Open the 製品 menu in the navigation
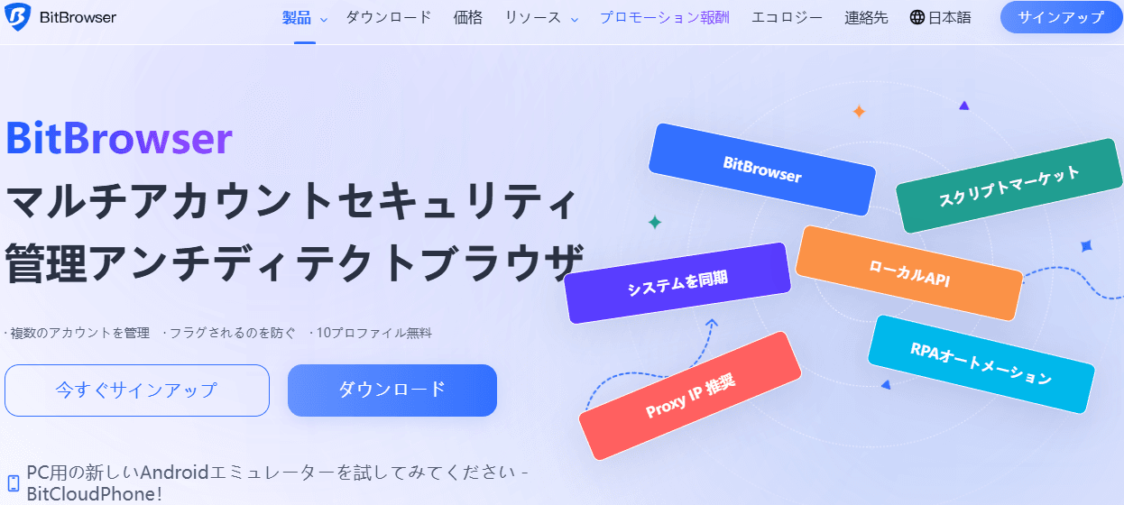point(297,17)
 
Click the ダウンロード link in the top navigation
point(389,17)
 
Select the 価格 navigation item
point(468,17)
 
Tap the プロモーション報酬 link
point(664,17)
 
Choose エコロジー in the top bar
point(787,17)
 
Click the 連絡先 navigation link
point(866,17)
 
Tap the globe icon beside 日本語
point(917,17)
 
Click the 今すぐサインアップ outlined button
point(137,390)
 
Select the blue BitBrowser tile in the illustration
point(761,170)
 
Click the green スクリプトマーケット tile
point(1009,185)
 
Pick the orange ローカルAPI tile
point(908,272)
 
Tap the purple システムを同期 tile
point(677,282)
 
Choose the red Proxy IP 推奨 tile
point(690,395)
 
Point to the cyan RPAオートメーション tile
point(981,363)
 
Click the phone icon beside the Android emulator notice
point(14,483)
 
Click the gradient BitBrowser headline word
point(119,139)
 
